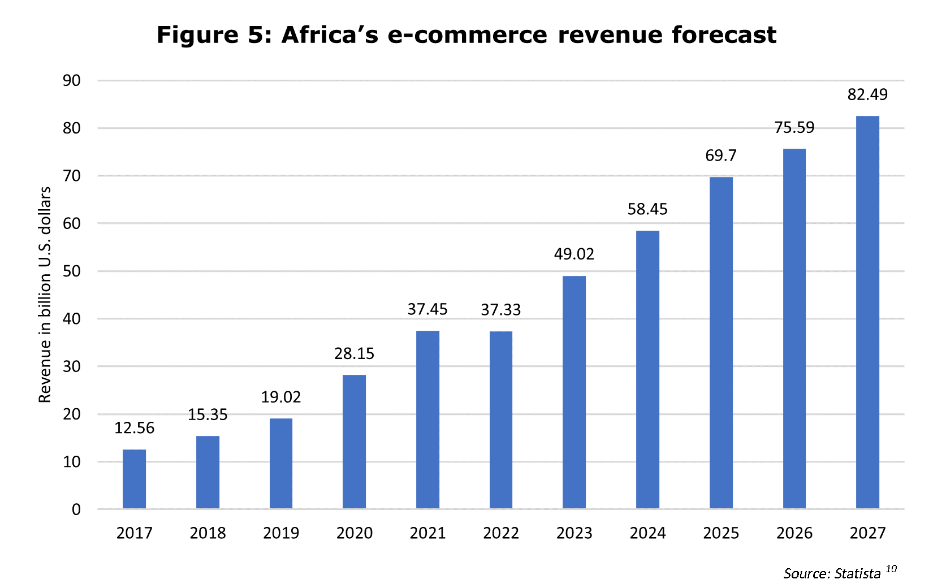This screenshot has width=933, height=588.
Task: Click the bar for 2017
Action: pyautogui.click(x=134, y=479)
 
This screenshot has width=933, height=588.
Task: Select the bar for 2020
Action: pyautogui.click(x=354, y=442)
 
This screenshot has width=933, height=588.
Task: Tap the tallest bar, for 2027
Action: pyautogui.click(x=867, y=312)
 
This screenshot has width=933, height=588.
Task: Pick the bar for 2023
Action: pyautogui.click(x=574, y=392)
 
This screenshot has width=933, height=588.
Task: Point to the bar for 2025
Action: pyautogui.click(x=721, y=343)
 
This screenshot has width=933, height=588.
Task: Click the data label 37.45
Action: pyautogui.click(x=427, y=309)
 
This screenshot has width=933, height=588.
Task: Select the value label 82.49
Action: pyautogui.click(x=867, y=94)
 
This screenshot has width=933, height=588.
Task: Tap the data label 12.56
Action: pyautogui.click(x=134, y=428)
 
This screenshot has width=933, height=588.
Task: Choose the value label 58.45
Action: pyautogui.click(x=647, y=209)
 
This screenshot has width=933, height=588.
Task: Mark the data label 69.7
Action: pyautogui.click(x=721, y=155)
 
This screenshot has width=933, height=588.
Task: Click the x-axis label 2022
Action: pyautogui.click(x=501, y=533)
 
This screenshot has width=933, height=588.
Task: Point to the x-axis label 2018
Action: pyautogui.click(x=208, y=533)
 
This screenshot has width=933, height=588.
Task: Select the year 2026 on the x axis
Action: pyautogui.click(x=794, y=533)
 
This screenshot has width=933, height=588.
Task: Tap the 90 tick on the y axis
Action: pyautogui.click(x=72, y=80)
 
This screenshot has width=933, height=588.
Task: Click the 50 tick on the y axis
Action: pyautogui.click(x=72, y=271)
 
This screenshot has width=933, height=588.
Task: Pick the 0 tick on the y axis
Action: pyautogui.click(x=76, y=509)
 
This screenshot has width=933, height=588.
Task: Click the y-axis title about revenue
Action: pyautogui.click(x=45, y=295)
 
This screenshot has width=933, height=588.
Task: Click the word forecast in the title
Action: pyautogui.click(x=724, y=34)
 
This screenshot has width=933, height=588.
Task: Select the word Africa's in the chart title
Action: pyautogui.click(x=330, y=34)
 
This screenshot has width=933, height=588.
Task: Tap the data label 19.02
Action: pyautogui.click(x=281, y=397)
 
